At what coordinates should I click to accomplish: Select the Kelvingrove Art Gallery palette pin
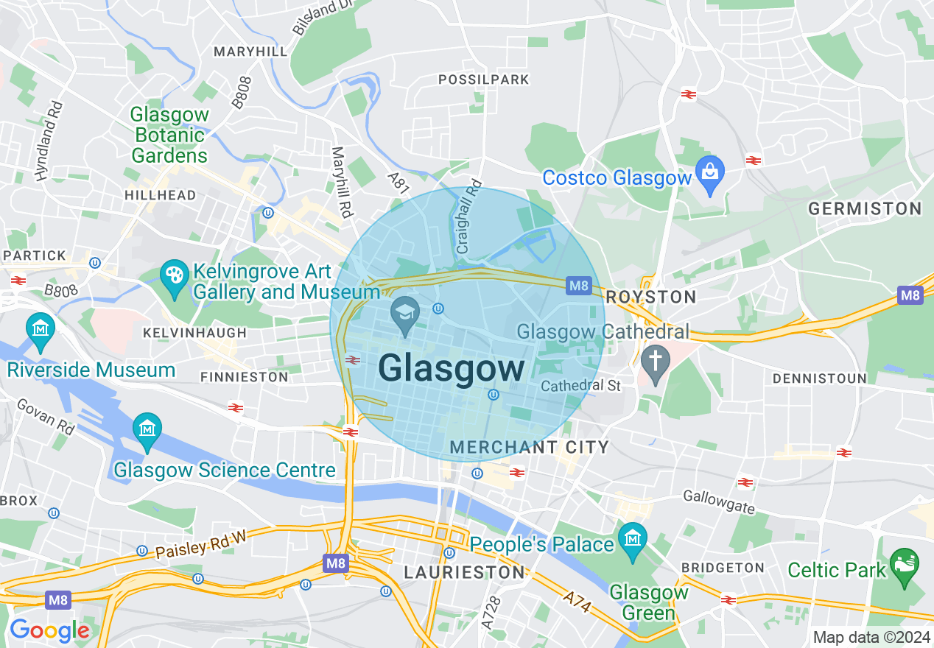point(175,277)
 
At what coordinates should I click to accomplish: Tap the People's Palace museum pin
point(632,540)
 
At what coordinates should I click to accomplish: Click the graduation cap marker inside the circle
point(404,314)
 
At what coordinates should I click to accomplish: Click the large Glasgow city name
point(452,368)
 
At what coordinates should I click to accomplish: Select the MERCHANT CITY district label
point(529,447)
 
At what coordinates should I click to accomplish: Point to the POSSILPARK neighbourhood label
point(484,80)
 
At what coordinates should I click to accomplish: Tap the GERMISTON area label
point(865,209)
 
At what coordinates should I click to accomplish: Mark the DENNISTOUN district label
point(819,378)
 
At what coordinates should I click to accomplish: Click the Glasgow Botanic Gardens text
point(170,135)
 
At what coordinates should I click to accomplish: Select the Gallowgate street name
point(718,502)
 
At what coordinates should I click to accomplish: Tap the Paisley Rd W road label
point(200,543)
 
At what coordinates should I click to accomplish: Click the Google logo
point(49,630)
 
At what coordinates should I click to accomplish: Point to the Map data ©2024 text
point(871,637)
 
